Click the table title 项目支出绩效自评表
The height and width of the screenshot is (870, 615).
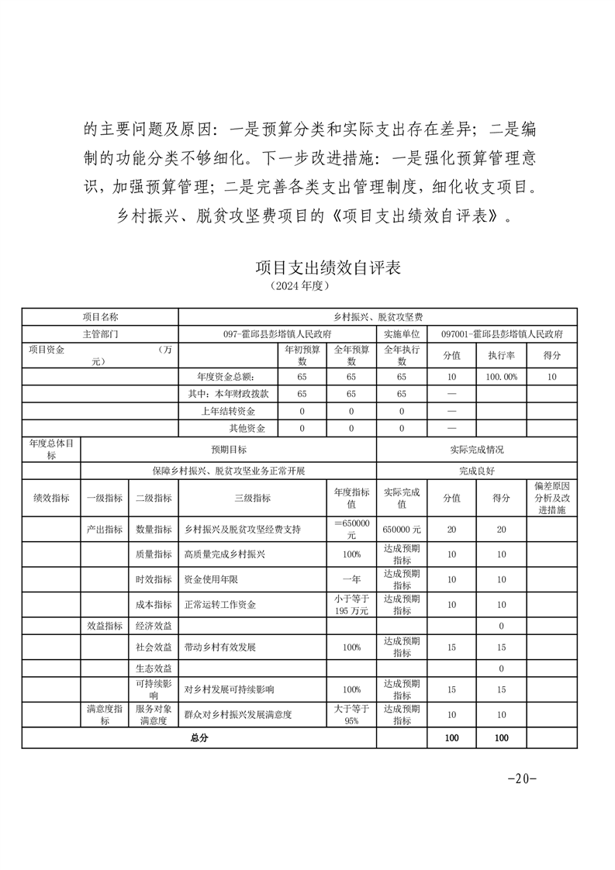[328, 268]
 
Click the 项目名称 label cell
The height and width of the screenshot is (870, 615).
[100, 317]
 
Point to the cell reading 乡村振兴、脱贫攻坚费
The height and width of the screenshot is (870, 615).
[377, 317]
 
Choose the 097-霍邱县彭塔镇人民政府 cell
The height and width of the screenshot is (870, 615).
[277, 333]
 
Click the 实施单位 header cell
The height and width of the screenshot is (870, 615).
[402, 333]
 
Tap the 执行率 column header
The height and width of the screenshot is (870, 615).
[501, 355]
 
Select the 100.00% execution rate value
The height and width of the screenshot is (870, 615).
[501, 376]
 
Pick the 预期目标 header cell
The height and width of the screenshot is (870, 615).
[228, 450]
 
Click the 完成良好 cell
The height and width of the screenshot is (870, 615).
[476, 471]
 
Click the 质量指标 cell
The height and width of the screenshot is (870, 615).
[154, 554]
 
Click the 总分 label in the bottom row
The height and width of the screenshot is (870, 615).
[199, 738]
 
